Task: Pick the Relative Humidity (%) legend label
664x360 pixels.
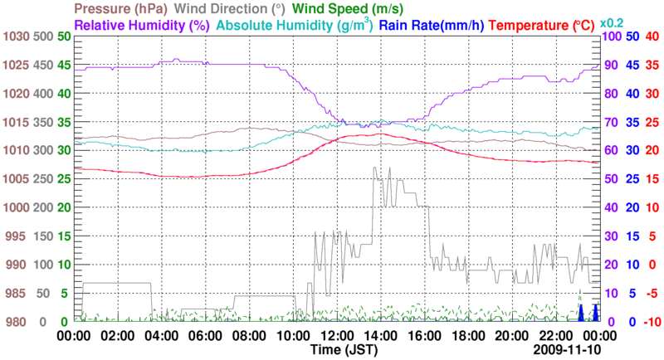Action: tap(140, 25)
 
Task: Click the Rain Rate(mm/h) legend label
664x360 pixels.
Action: tap(432, 25)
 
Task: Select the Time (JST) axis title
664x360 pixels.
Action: tap(344, 350)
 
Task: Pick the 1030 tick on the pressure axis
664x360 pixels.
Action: tap(17, 36)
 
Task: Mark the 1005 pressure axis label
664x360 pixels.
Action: tap(17, 179)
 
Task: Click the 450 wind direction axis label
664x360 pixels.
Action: tap(41, 65)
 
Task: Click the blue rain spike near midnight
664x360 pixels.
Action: tap(581, 313)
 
